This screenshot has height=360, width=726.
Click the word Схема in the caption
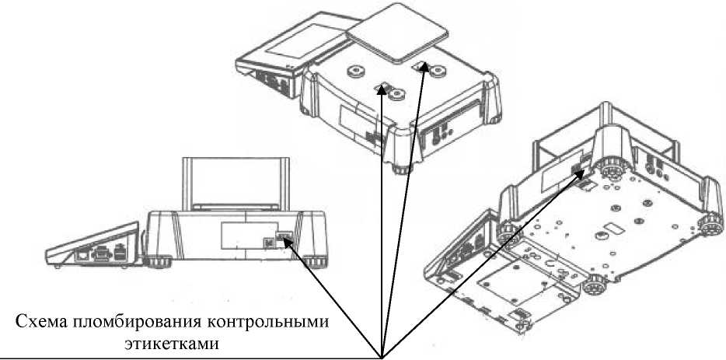coord(43,320)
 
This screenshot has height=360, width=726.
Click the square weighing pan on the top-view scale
coord(398,33)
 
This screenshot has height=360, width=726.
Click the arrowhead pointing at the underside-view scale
coord(580,175)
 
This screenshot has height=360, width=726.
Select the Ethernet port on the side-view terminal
coord(84,255)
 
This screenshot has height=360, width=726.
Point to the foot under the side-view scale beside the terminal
coord(158,263)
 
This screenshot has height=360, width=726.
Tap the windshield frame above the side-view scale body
coord(236,184)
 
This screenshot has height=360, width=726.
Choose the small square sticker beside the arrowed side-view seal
coord(268,243)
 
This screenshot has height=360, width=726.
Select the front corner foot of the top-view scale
coord(403,169)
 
